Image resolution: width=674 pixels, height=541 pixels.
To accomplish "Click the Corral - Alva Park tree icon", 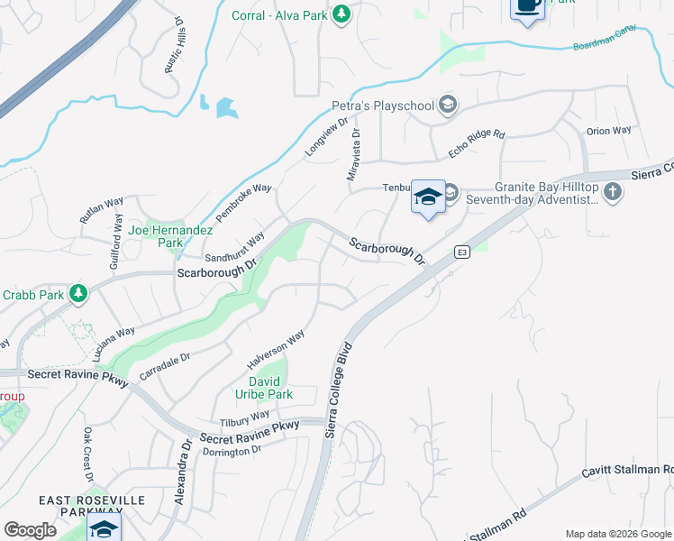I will [342, 14].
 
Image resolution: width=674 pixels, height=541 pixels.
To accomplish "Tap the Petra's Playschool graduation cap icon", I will [447, 106].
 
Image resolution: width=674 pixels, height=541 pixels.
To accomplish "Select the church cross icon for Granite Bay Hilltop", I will [613, 191].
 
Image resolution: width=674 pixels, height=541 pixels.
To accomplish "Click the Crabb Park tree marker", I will [78, 293].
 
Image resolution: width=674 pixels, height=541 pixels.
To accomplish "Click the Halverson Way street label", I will [277, 350].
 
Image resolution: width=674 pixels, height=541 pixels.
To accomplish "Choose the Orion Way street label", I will [608, 131].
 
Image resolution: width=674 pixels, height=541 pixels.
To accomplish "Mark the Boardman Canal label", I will [605, 40].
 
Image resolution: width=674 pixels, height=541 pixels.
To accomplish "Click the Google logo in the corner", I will [30, 530].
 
